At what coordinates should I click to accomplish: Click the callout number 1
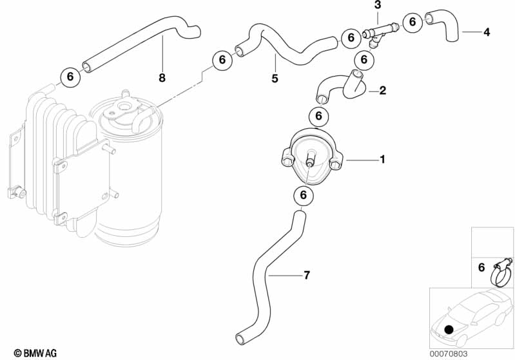[382, 158]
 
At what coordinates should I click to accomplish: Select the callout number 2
[382, 91]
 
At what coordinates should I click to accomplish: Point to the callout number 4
[486, 31]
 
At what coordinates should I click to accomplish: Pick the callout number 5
[275, 79]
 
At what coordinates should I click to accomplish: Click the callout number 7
[307, 276]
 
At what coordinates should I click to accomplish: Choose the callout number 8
[162, 78]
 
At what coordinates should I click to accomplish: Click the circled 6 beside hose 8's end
[70, 77]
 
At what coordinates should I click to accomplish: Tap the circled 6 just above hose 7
[303, 195]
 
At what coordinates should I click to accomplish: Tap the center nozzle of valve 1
[311, 160]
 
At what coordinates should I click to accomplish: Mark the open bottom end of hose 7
[240, 338]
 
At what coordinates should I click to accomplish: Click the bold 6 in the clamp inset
[481, 267]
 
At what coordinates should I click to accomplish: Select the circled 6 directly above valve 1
[318, 117]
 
